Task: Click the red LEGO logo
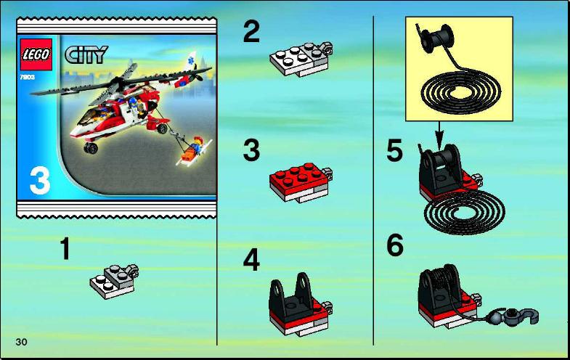tap(36, 54)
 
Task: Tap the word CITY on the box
tap(86, 54)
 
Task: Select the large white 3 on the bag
tap(40, 181)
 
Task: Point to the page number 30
tap(22, 342)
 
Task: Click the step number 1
tap(65, 248)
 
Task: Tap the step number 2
tap(251, 32)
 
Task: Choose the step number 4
tap(251, 259)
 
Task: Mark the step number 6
tap(395, 245)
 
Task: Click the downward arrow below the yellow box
tap(439, 134)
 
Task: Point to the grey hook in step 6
tap(520, 315)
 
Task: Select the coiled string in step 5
tap(464, 213)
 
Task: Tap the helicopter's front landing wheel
tap(91, 147)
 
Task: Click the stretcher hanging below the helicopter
tap(193, 151)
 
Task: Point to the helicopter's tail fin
tap(190, 61)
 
